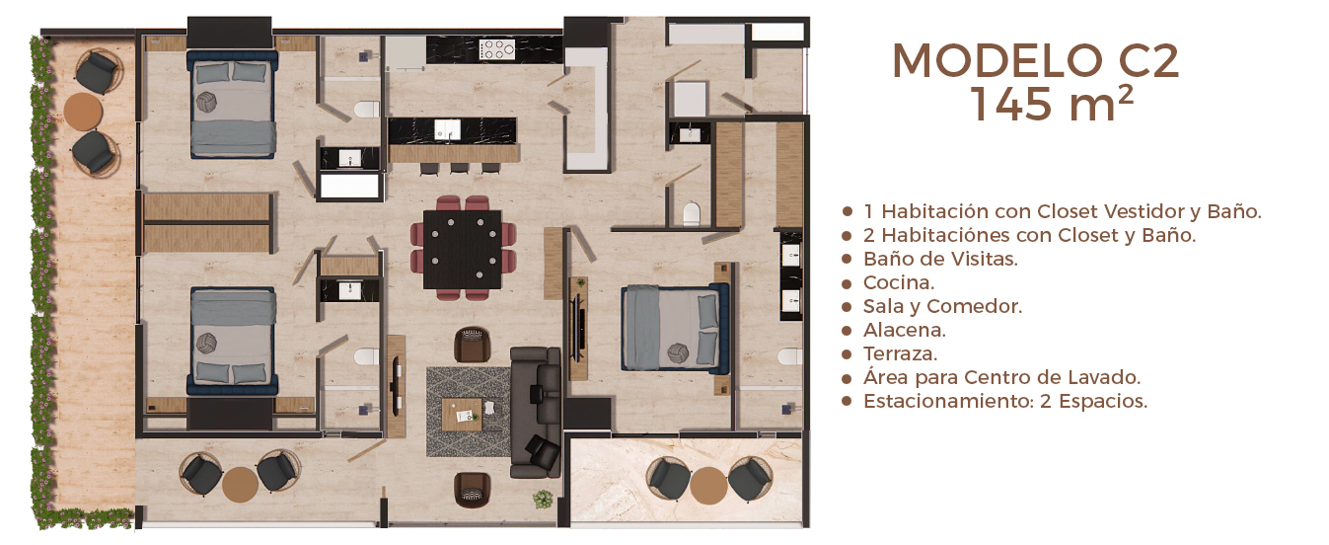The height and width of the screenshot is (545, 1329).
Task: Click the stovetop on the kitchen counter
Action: (x=497, y=49)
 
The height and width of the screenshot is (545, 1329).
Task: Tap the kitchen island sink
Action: (x=447, y=128)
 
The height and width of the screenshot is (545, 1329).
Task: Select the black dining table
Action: (x=463, y=250)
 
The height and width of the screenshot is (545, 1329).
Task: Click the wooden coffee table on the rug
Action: (x=462, y=415)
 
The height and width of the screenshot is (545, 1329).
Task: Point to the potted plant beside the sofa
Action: (x=543, y=500)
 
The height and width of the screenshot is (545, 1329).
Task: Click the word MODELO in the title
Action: (x=997, y=61)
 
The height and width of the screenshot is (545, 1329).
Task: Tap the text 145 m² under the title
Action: (x=1052, y=104)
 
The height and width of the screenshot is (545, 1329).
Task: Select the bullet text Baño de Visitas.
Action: (x=940, y=259)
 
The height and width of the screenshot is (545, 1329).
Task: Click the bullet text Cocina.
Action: (x=898, y=282)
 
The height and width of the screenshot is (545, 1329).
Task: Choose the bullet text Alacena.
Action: (x=904, y=330)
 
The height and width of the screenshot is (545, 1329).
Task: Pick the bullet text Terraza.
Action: (x=900, y=353)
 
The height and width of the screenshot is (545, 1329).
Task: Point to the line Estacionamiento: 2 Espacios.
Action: (x=1005, y=401)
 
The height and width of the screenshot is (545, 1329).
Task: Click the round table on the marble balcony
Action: (x=708, y=485)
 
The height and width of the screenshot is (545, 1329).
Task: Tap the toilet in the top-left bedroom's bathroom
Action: (x=367, y=110)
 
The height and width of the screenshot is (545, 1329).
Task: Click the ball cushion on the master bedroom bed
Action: (x=678, y=352)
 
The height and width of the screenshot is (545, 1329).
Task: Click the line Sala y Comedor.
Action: (x=942, y=306)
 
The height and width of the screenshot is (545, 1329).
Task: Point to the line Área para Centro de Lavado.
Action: (x=1001, y=377)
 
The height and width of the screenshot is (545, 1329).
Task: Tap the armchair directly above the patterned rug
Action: (x=473, y=345)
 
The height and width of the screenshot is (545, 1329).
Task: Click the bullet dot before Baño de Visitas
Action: (x=847, y=260)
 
